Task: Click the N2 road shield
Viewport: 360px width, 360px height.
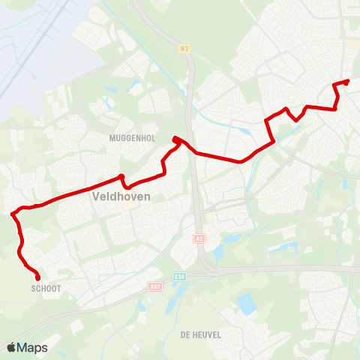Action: click(x=184, y=49)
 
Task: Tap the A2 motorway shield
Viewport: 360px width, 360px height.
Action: click(x=199, y=238)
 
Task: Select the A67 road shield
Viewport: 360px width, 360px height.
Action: click(x=154, y=286)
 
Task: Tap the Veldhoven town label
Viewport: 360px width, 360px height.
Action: click(x=121, y=196)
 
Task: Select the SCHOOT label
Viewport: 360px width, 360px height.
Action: click(x=46, y=288)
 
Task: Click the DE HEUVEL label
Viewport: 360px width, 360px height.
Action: click(x=201, y=335)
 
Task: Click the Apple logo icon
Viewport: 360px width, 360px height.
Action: click(x=11, y=347)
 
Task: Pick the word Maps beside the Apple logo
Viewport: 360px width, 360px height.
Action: click(x=32, y=347)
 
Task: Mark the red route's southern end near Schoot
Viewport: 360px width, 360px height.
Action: click(x=37, y=278)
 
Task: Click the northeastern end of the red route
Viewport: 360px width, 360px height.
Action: click(x=348, y=81)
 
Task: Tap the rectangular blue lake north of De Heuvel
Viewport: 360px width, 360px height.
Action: click(x=246, y=304)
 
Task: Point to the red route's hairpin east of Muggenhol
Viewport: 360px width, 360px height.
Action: click(x=175, y=139)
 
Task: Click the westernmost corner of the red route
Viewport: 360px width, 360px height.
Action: click(x=12, y=214)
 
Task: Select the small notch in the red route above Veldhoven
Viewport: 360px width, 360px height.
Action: click(x=121, y=178)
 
